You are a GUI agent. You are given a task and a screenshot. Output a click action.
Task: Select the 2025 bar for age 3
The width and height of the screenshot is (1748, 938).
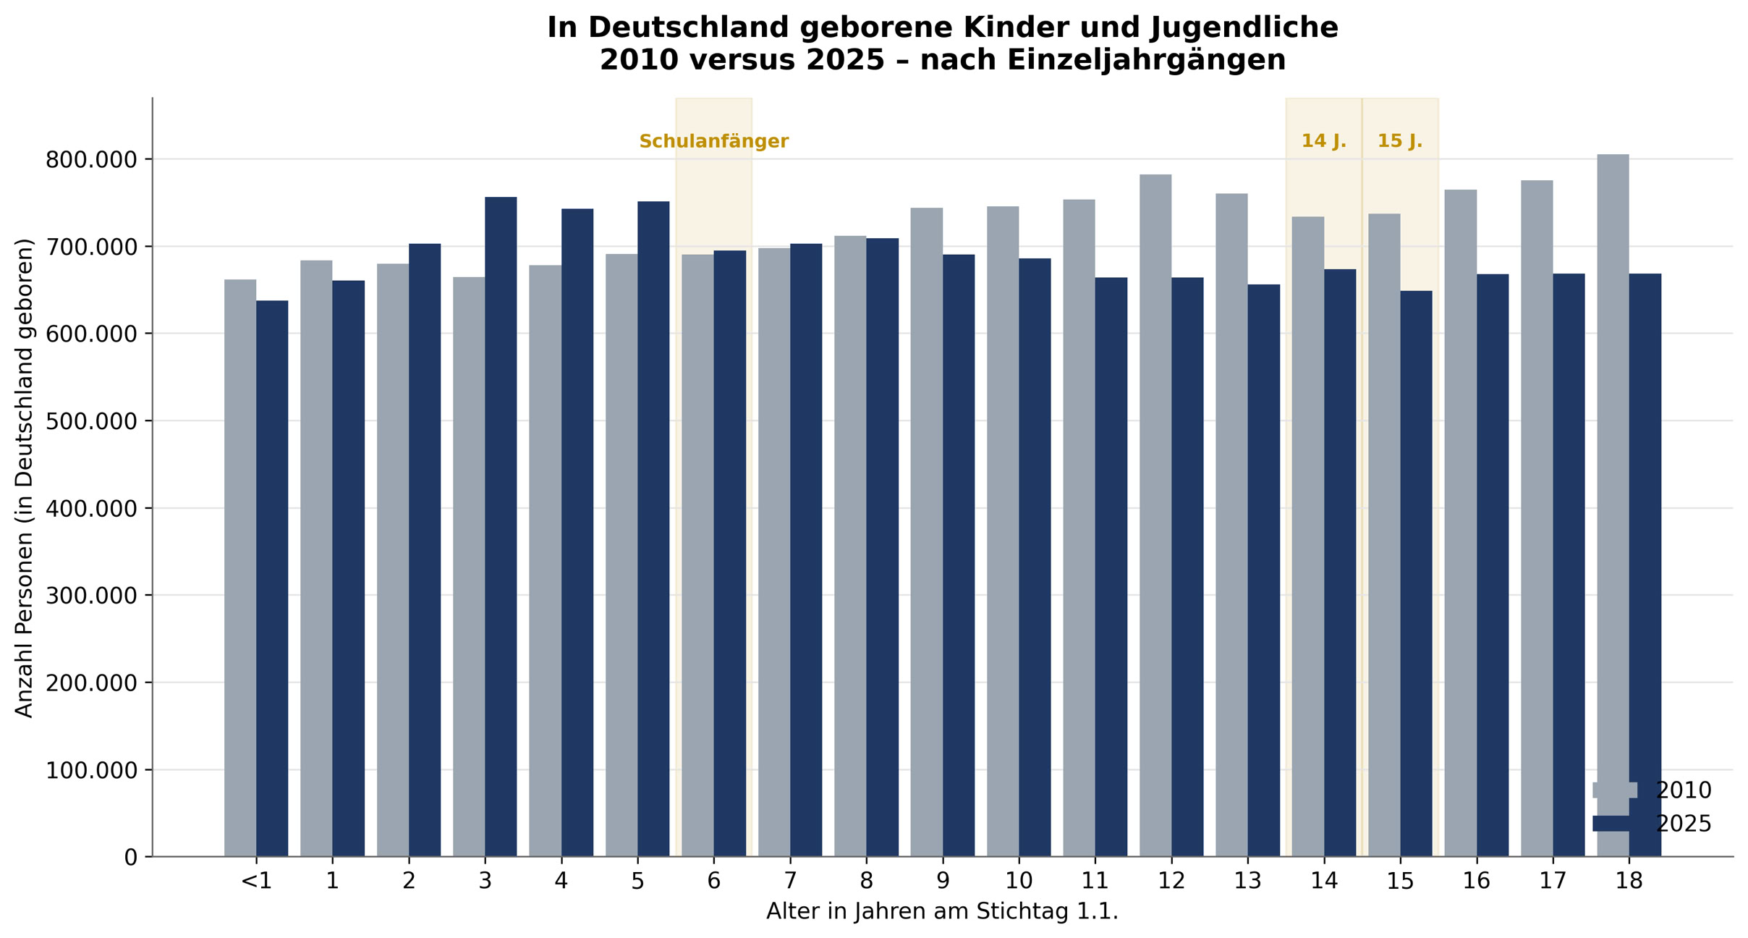[x=501, y=526]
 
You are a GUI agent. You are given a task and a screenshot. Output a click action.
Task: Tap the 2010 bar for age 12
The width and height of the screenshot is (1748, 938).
[x=1155, y=515]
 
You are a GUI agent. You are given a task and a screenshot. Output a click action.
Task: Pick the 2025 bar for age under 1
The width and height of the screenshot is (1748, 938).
[x=272, y=578]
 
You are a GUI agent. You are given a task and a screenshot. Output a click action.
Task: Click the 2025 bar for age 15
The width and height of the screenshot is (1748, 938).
[x=1416, y=573]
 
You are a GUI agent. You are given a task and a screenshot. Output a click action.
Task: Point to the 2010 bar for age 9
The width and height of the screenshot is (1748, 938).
[x=927, y=532]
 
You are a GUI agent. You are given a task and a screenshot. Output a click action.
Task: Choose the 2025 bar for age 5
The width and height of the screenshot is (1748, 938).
[x=653, y=528]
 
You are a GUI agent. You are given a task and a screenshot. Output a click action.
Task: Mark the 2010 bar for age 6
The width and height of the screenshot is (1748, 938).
[x=697, y=555]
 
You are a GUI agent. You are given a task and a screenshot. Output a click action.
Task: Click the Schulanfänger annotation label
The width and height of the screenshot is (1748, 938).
[x=713, y=142]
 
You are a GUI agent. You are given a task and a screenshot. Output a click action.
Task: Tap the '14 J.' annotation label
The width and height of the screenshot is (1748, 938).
[x=1324, y=141]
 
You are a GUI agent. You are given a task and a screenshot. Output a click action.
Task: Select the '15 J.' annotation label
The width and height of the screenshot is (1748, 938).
[x=1400, y=141]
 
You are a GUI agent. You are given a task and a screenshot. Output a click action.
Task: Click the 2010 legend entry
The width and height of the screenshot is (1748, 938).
[x=1652, y=790]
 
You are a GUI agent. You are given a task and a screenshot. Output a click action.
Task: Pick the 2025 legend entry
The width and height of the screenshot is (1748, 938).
[x=1652, y=824]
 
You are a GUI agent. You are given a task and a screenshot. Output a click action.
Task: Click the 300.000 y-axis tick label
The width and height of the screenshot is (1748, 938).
[x=91, y=596]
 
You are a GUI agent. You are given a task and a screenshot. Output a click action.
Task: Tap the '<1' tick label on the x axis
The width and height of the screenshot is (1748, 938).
[x=256, y=881]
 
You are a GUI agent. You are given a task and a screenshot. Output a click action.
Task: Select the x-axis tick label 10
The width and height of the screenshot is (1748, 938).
[x=1019, y=881]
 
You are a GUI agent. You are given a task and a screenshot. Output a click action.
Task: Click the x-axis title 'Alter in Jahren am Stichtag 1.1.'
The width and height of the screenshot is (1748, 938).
[x=942, y=912]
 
